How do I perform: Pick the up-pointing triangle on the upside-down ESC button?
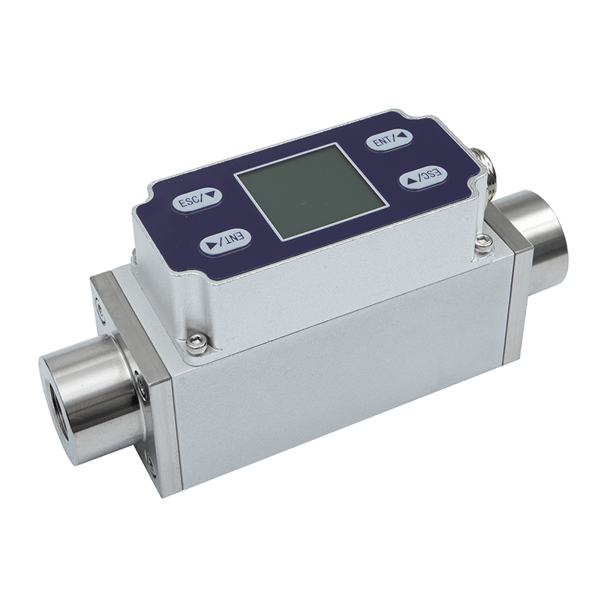coord(411,181)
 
